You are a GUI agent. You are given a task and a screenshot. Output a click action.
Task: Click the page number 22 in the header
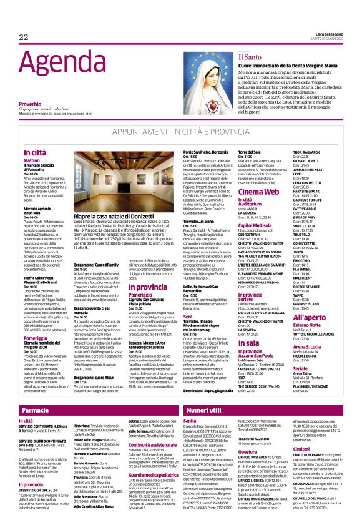[24, 37]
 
